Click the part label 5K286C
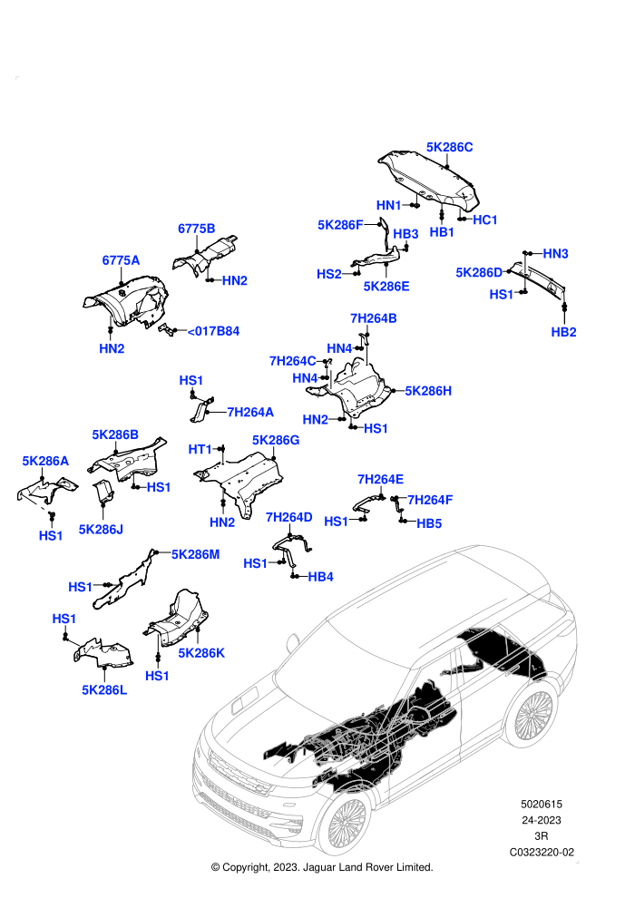pos(449,147)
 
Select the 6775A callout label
pos(121,260)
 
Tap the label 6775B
pos(197,229)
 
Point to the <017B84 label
pos(213,331)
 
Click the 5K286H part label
pos(428,391)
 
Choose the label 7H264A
pos(250,412)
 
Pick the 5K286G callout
pos(276,440)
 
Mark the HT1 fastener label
pos(200,449)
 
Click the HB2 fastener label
pos(563,332)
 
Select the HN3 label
pos(555,253)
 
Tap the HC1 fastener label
pos(485,220)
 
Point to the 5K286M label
pos(195,554)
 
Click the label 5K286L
pos(104,689)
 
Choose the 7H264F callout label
pos(430,500)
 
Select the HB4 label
pos(320,576)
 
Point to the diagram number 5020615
pos(541,804)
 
